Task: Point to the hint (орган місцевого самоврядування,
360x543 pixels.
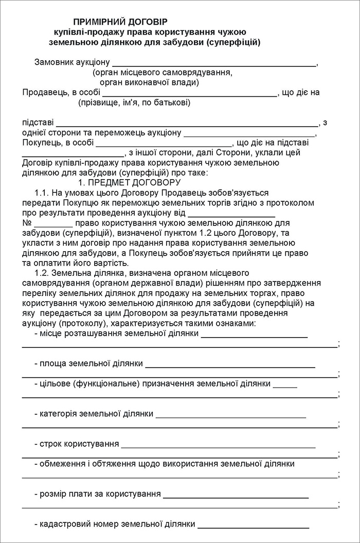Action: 159,73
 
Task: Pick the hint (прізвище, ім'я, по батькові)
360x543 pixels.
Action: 134,103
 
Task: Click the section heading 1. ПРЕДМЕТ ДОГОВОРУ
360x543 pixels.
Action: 129,182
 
